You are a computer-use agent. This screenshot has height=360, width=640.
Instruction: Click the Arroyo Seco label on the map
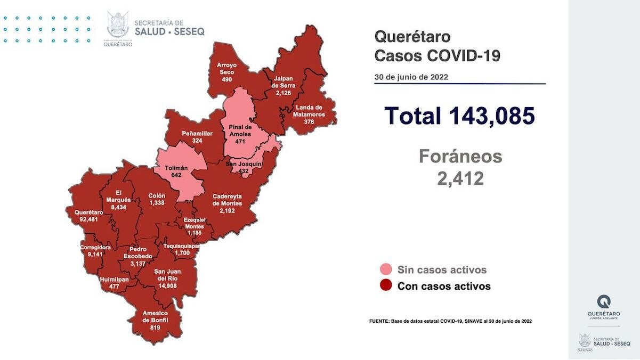click(x=226, y=68)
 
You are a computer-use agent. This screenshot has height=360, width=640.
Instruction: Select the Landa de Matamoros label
click(x=309, y=111)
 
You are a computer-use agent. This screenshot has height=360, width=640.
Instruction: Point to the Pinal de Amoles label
click(x=239, y=131)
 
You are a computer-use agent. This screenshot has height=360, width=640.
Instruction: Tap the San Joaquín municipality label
click(x=243, y=163)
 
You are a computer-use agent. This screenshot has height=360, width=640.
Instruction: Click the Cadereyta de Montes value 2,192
click(x=227, y=210)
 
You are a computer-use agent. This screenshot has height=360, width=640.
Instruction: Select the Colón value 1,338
click(x=157, y=203)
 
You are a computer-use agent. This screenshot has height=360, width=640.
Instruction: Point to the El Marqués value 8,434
click(x=116, y=207)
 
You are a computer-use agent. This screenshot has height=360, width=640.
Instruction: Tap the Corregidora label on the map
click(x=95, y=248)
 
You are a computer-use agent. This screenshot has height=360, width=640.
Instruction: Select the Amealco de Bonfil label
click(x=155, y=316)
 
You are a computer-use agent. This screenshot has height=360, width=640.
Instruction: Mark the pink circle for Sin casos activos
click(x=386, y=269)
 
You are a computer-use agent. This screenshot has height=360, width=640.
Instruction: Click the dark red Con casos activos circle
click(x=386, y=286)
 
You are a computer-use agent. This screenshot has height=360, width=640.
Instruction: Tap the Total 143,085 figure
click(x=459, y=116)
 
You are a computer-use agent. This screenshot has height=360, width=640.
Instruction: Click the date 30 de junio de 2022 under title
click(x=411, y=77)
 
